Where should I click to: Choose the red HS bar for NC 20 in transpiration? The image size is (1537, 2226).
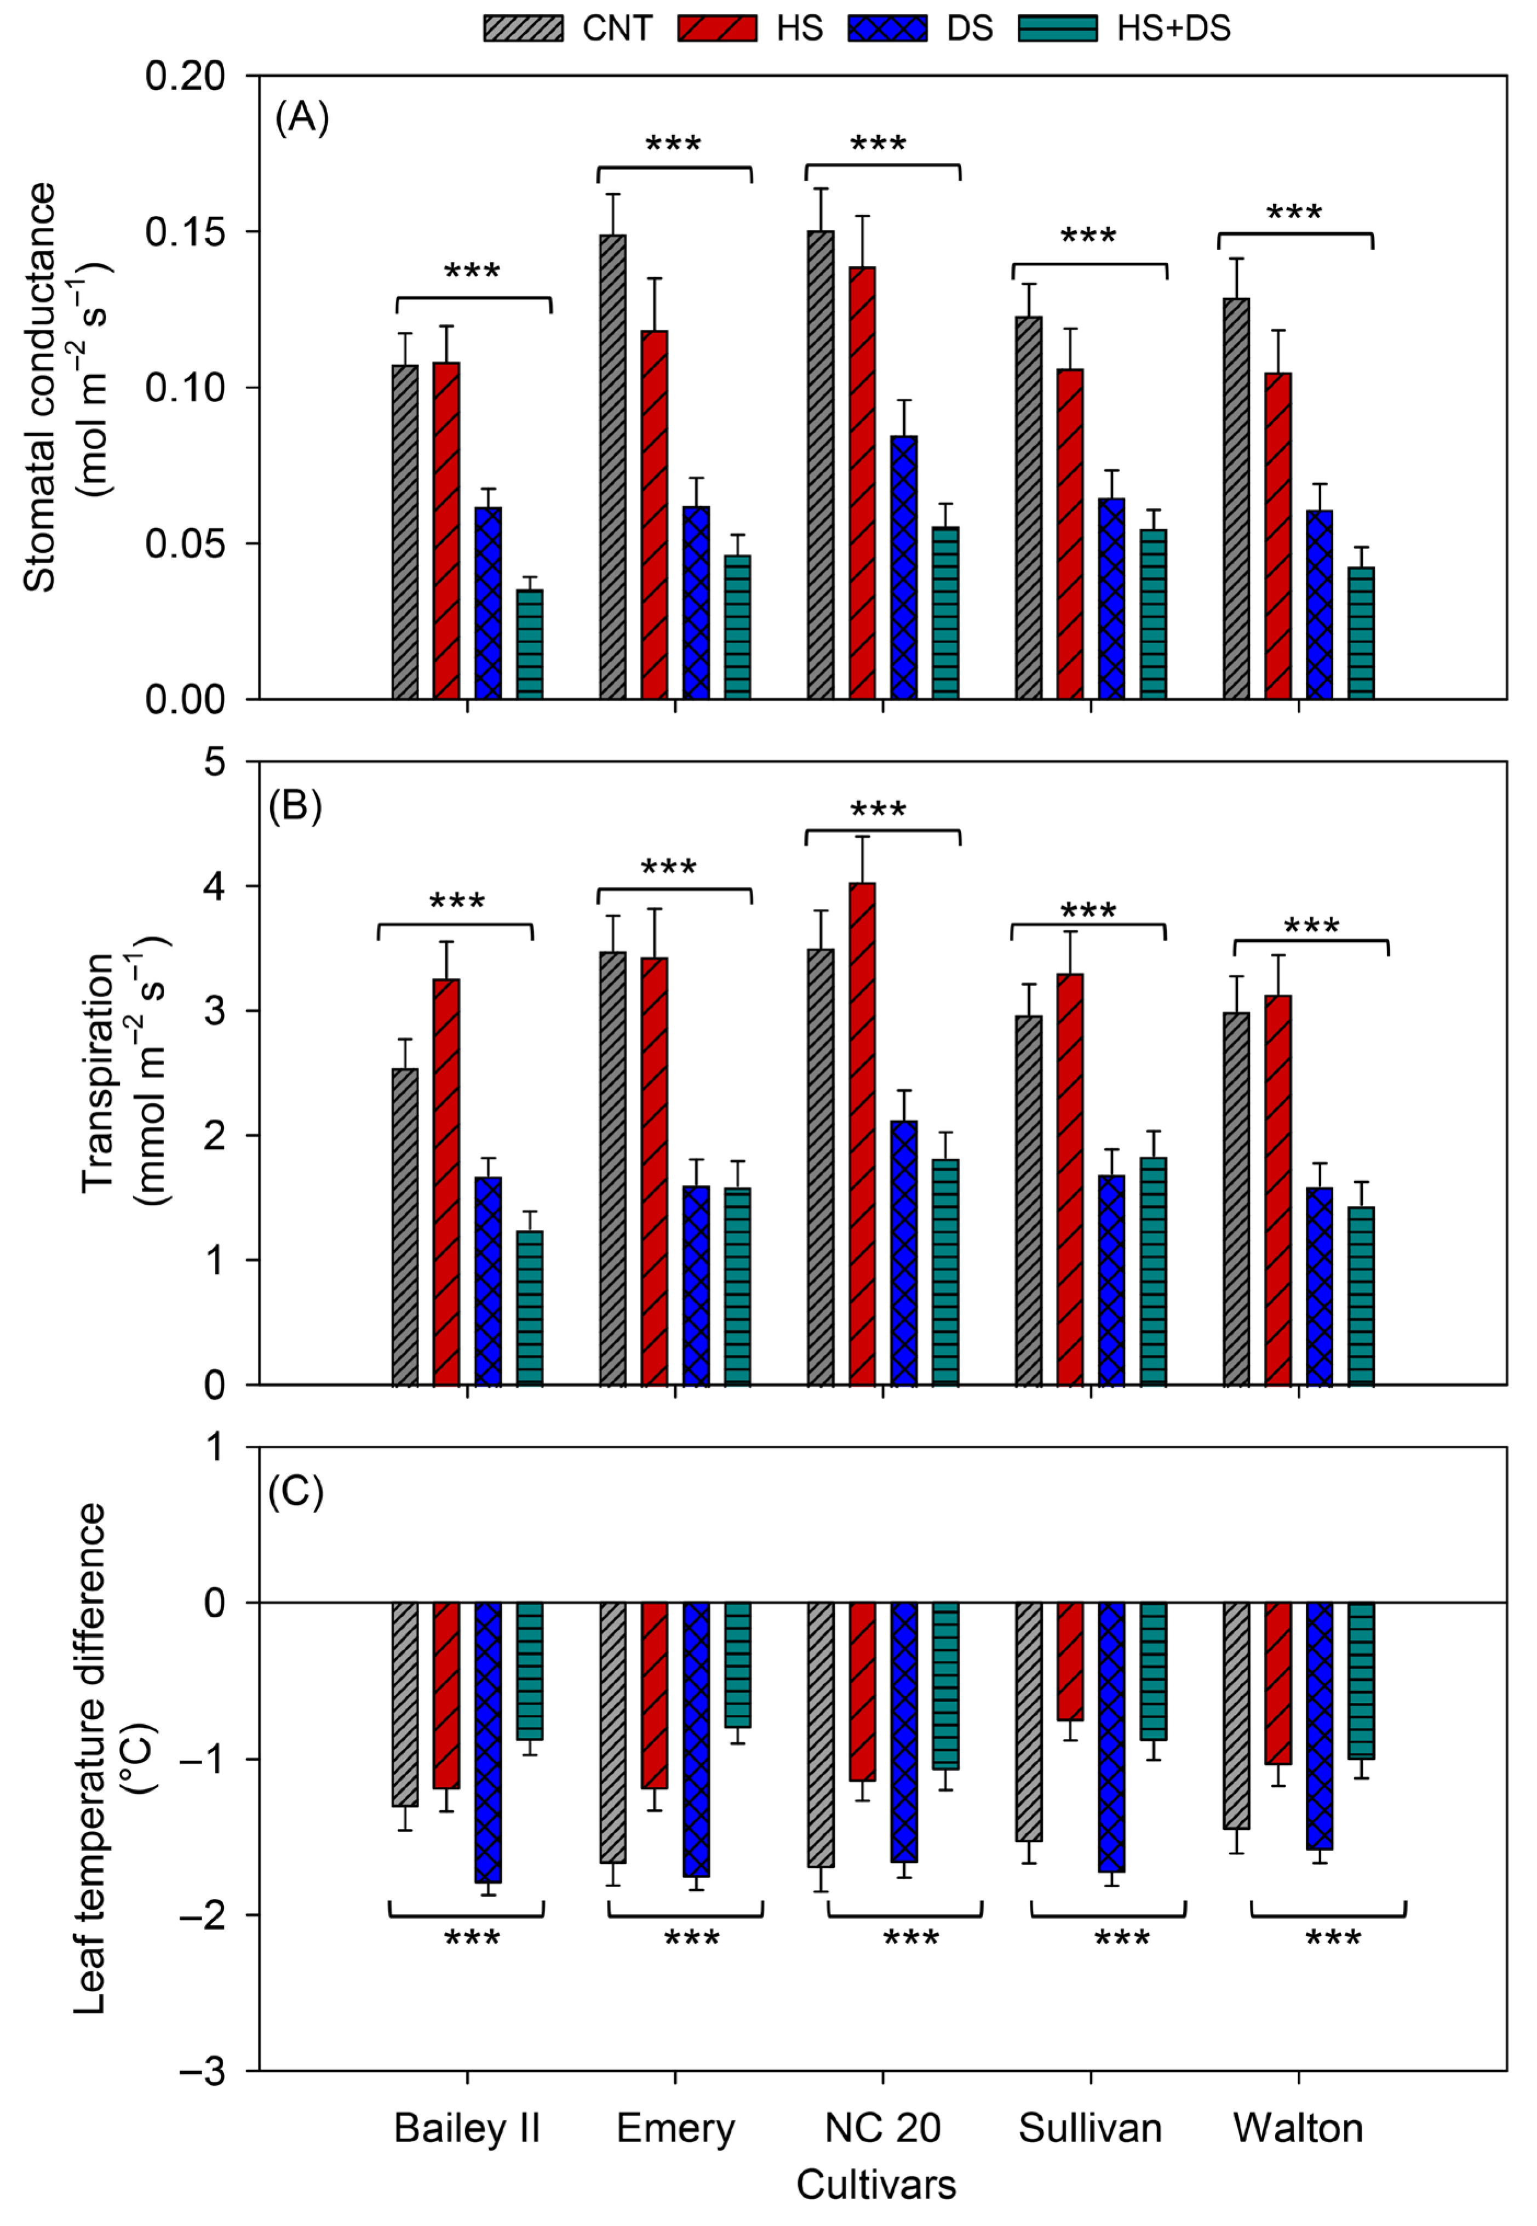[x=862, y=1133]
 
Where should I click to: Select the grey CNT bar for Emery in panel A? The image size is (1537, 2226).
[x=612, y=467]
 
